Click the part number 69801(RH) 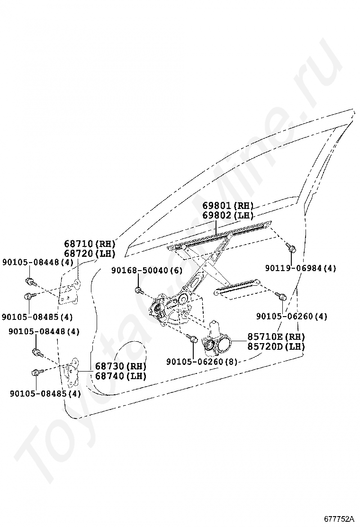click(x=228, y=206)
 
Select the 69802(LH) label click(x=228, y=215)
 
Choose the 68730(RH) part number click(x=120, y=366)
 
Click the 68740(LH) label click(x=120, y=376)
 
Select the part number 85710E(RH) click(x=276, y=337)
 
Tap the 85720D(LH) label click(x=276, y=346)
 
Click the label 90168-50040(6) click(x=146, y=270)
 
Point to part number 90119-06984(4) click(x=300, y=268)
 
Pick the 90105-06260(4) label click(x=291, y=316)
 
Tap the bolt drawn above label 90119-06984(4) click(x=291, y=247)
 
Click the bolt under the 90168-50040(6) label click(x=138, y=290)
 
